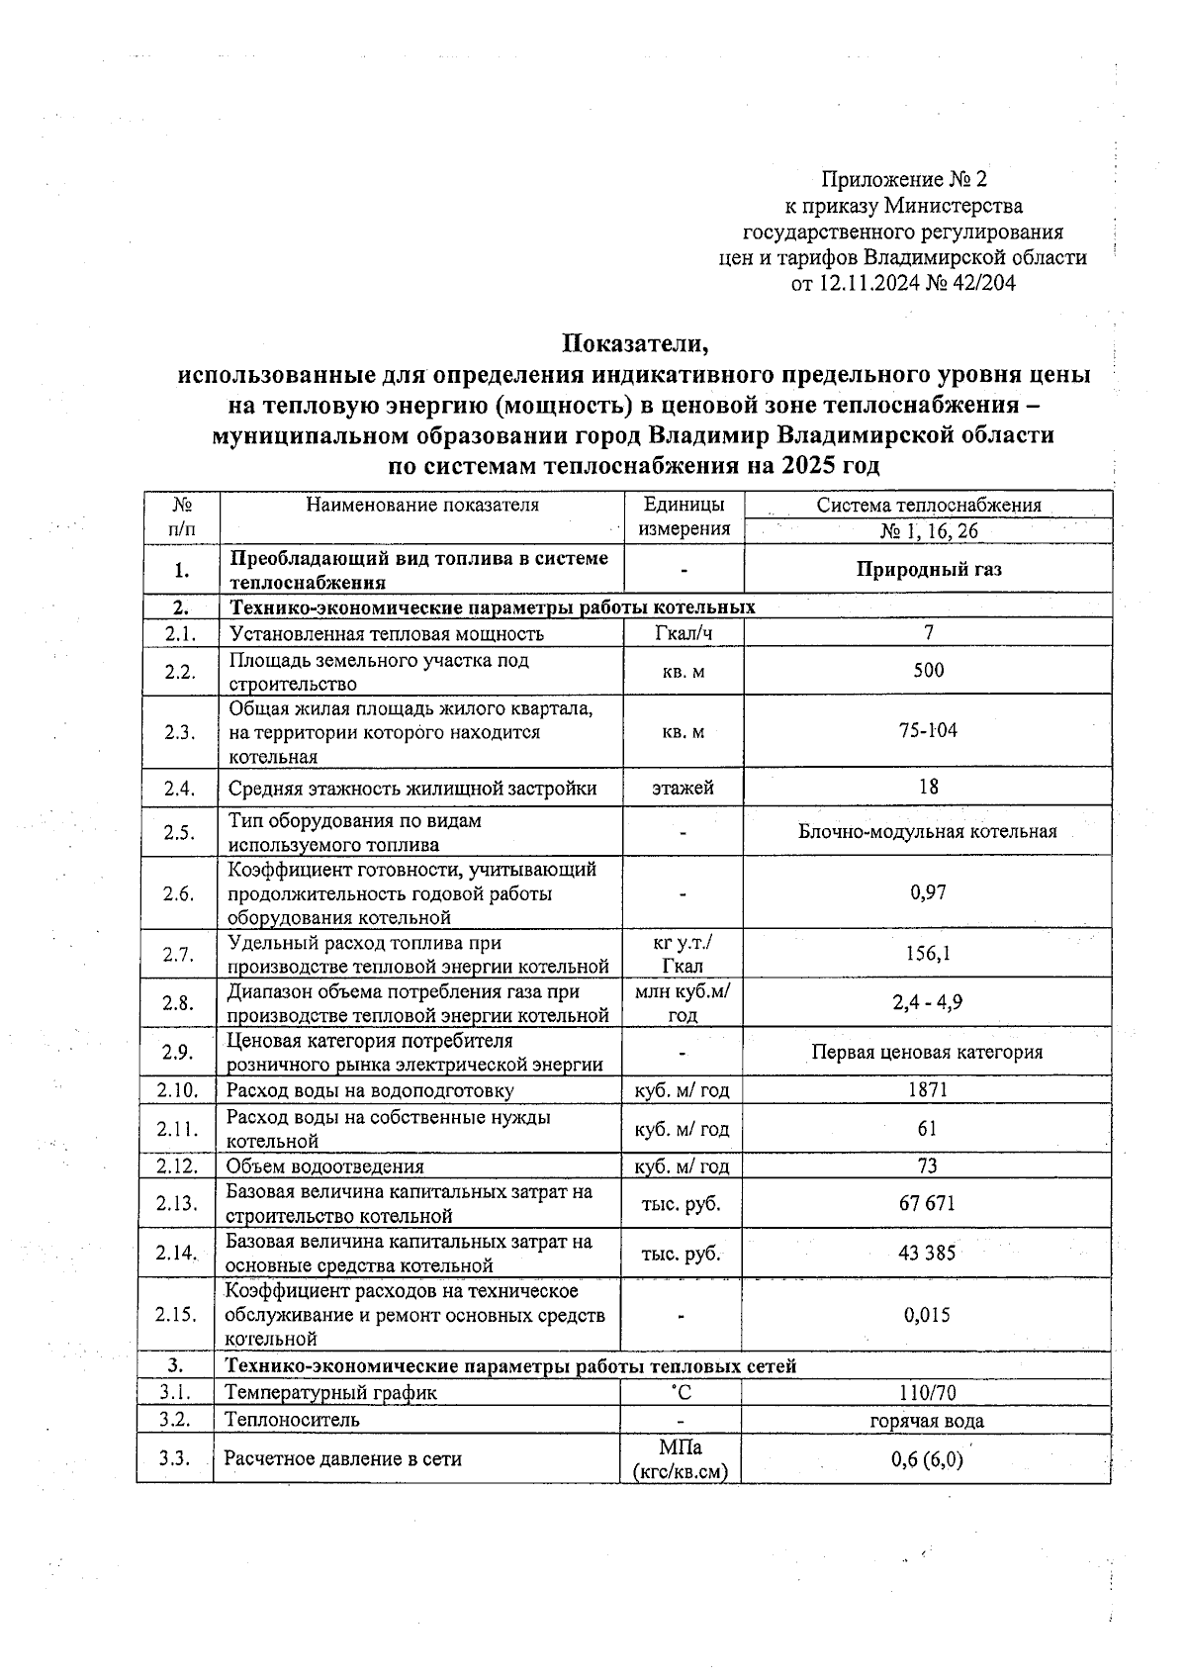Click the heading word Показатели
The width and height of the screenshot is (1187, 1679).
tap(636, 345)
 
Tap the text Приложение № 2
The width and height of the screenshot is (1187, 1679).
tap(904, 179)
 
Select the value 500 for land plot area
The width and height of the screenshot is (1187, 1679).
tap(928, 671)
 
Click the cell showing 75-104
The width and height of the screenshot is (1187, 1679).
tap(928, 731)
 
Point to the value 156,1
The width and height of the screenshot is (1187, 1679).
tap(928, 954)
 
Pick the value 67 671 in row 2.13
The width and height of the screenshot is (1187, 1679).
tap(928, 1203)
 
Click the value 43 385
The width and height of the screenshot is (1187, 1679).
tap(928, 1253)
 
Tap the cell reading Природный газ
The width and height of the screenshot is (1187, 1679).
tap(928, 570)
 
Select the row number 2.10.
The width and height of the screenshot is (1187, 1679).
tap(177, 1090)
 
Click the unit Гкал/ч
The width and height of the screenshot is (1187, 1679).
tap(683, 633)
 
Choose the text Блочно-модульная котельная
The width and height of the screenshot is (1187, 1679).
tap(928, 831)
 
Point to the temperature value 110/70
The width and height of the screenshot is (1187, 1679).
tap(928, 1393)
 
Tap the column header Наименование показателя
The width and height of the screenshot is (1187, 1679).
tap(422, 505)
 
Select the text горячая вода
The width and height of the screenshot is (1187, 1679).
tap(927, 1421)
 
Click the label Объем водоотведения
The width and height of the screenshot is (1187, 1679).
tap(325, 1166)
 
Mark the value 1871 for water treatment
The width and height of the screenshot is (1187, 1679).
tap(928, 1090)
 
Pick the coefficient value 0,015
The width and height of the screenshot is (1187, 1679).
tap(928, 1315)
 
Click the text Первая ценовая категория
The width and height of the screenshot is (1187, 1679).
tap(928, 1053)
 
